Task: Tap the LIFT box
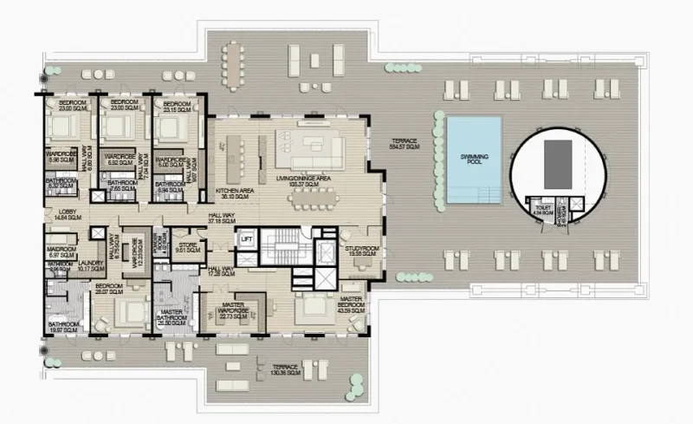tap(247, 240)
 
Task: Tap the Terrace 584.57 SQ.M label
tap(404, 144)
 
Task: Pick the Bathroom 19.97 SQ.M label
tap(63, 327)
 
